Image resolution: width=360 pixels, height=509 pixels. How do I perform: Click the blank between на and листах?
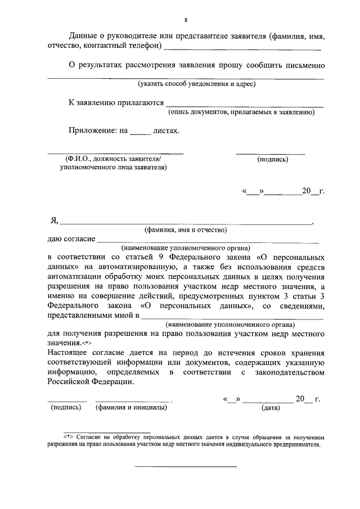coord(141,132)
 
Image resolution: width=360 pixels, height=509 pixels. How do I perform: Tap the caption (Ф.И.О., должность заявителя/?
coord(112,159)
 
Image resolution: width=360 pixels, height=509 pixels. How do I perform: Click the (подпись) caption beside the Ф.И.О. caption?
coord(272,160)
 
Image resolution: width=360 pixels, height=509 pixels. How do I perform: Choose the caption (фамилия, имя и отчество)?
coord(185,229)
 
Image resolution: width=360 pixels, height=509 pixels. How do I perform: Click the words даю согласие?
coord(71,238)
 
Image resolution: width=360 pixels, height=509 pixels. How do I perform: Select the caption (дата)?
coord(271,408)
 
